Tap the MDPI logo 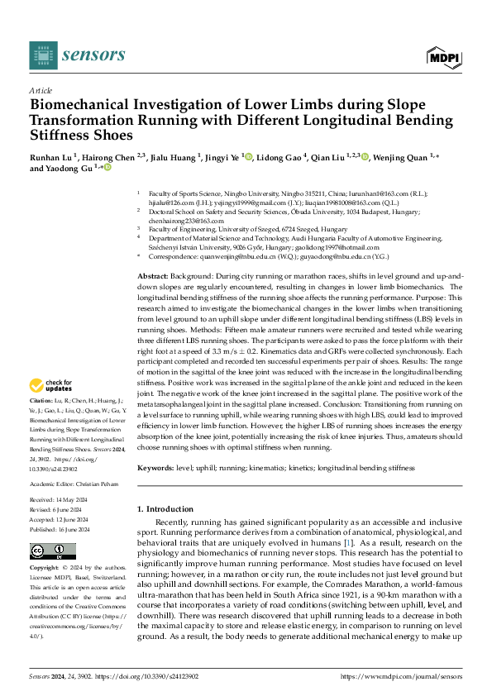[442, 55]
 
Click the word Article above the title [40, 90]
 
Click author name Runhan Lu [51, 156]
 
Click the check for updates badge [52, 386]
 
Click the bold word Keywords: [157, 468]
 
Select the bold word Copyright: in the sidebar [45, 569]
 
